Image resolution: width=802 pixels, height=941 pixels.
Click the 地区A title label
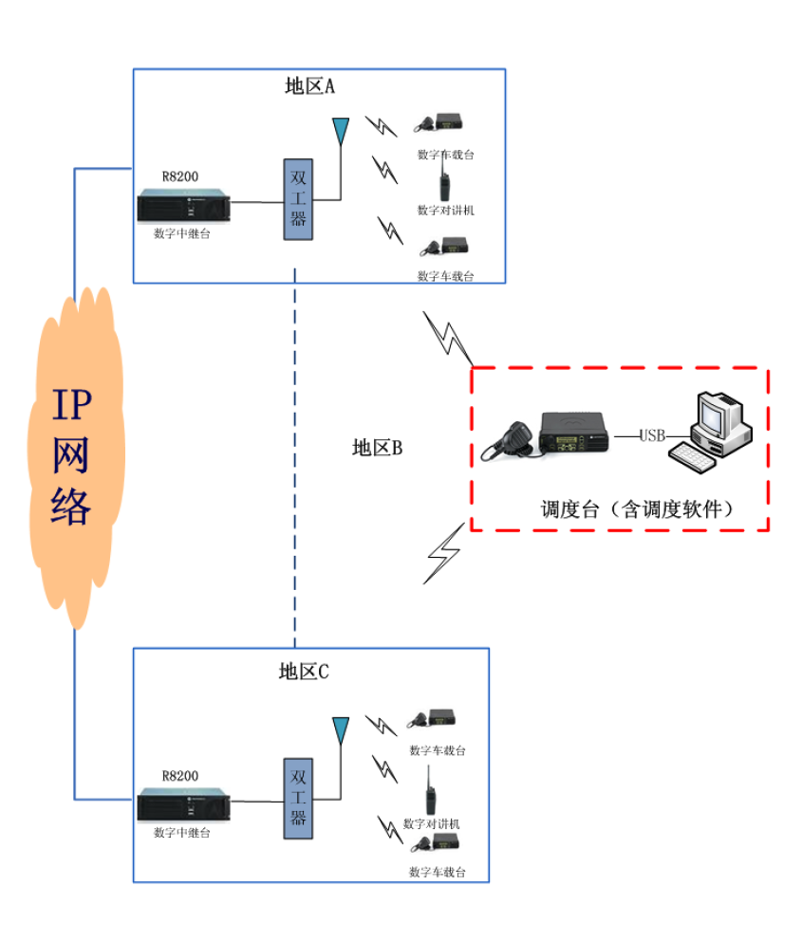[x=310, y=86]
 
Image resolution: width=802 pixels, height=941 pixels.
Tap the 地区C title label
[x=304, y=672]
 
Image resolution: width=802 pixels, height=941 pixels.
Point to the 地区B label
[x=377, y=448]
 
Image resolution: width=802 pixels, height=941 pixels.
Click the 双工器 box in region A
[x=298, y=199]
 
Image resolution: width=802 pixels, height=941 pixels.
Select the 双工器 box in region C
[x=298, y=798]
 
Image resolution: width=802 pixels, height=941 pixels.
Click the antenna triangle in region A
[x=339, y=130]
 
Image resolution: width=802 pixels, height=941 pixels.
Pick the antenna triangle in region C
[x=339, y=730]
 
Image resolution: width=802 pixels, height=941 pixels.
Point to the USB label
[x=652, y=436]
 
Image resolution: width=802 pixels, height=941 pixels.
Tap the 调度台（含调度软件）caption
[x=639, y=508]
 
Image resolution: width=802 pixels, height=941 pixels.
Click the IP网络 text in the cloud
[x=72, y=457]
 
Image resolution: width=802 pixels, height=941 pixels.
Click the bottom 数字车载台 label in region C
[x=438, y=872]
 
